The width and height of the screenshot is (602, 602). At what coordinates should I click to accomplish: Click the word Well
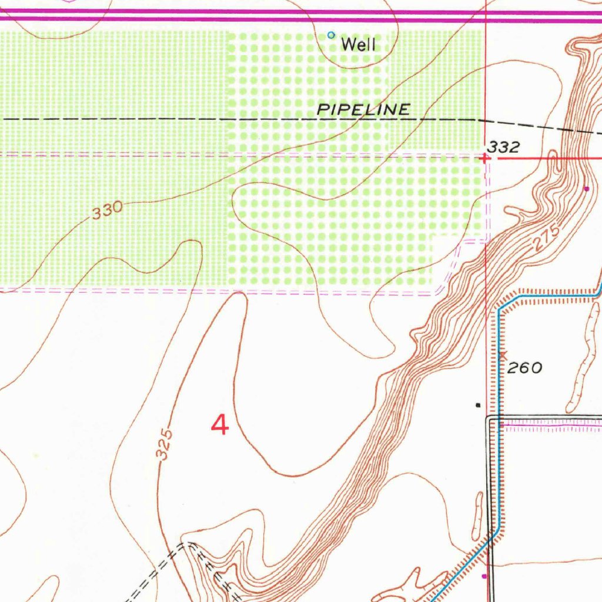pyautogui.click(x=358, y=44)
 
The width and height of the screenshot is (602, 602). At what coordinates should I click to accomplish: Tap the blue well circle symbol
pyautogui.click(x=331, y=35)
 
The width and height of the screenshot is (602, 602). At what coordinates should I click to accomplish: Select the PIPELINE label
pyautogui.click(x=363, y=109)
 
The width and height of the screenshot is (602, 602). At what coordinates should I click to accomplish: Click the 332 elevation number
pyautogui.click(x=504, y=148)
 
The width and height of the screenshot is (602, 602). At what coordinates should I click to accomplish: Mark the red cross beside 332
pyautogui.click(x=484, y=158)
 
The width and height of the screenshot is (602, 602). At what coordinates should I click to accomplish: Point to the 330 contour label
pyautogui.click(x=108, y=210)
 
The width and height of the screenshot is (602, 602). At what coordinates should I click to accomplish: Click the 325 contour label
pyautogui.click(x=166, y=444)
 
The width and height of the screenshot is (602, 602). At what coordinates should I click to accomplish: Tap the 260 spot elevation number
pyautogui.click(x=524, y=368)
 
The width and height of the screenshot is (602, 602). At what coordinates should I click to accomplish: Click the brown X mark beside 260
pyautogui.click(x=502, y=354)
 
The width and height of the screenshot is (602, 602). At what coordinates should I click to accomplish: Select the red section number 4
pyautogui.click(x=219, y=424)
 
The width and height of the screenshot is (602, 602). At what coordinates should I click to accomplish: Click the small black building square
pyautogui.click(x=477, y=405)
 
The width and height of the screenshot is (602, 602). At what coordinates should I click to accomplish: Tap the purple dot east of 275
pyautogui.click(x=586, y=189)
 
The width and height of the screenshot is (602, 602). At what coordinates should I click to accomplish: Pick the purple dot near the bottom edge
pyautogui.click(x=484, y=576)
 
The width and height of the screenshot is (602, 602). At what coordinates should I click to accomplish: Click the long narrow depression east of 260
pyautogui.click(x=582, y=364)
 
